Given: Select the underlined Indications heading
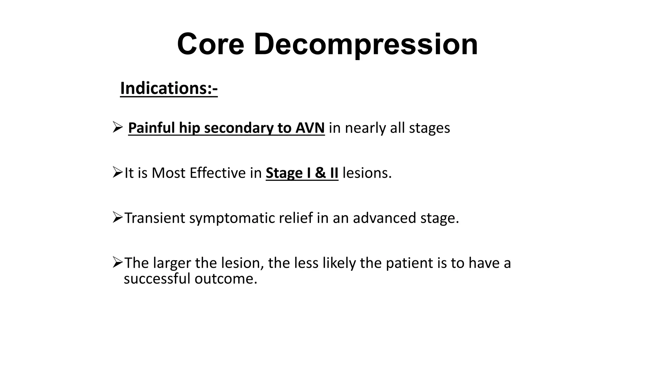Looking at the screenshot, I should [169, 88].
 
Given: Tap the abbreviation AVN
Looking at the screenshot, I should [310, 128].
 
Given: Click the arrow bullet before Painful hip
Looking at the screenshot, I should [117, 127].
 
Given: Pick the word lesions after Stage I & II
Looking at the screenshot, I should [367, 173].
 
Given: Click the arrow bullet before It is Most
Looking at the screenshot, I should [117, 172].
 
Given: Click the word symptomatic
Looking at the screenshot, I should [232, 218].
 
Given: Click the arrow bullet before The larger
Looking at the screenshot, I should [117, 263].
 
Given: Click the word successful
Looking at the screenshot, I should [157, 279].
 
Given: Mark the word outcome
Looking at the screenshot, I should [226, 279].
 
